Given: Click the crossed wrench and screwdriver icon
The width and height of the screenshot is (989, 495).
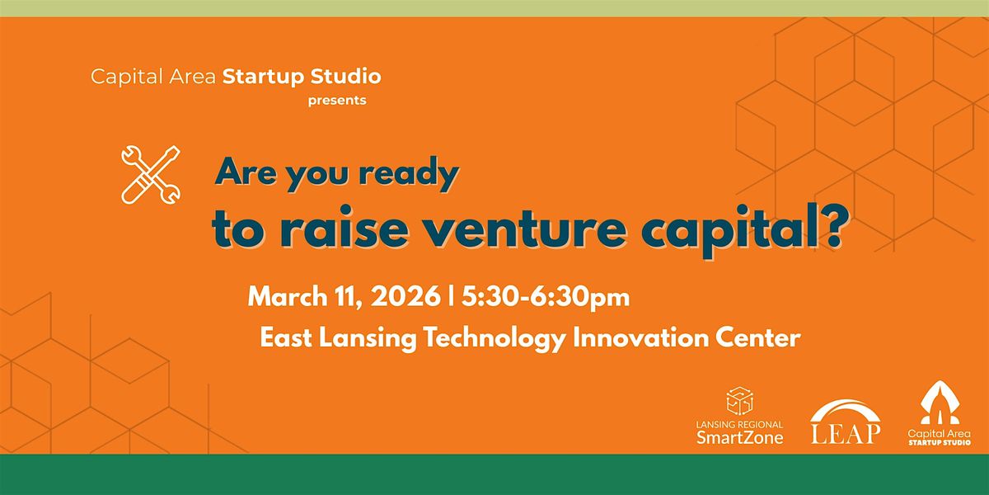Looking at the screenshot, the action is coord(151,175).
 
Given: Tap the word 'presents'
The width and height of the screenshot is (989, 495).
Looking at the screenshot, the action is coord(337,101).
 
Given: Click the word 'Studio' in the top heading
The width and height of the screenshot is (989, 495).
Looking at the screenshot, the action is coord(345,77).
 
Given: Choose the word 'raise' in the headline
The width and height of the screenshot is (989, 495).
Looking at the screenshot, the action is coord(345,228).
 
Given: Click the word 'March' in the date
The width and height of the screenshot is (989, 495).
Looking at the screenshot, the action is coord(288,296).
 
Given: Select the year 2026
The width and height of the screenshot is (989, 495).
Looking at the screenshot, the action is coord(405,296).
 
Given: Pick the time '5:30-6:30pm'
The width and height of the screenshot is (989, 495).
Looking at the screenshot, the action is coord(546,297).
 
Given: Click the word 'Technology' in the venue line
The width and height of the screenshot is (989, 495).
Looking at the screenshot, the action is coord(494,338).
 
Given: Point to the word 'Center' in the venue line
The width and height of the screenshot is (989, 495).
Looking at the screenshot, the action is coord(758,337).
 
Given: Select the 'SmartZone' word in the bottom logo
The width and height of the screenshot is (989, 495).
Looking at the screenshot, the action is coord(740,437).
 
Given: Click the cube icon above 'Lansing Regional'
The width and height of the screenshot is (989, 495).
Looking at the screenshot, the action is coord(739,400).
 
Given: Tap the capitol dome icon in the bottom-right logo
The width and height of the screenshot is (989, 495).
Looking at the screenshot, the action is coord(940,403).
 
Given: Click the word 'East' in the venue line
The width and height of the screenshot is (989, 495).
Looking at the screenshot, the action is coord(286,338).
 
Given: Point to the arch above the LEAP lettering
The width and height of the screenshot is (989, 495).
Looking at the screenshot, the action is coord(845,403).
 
